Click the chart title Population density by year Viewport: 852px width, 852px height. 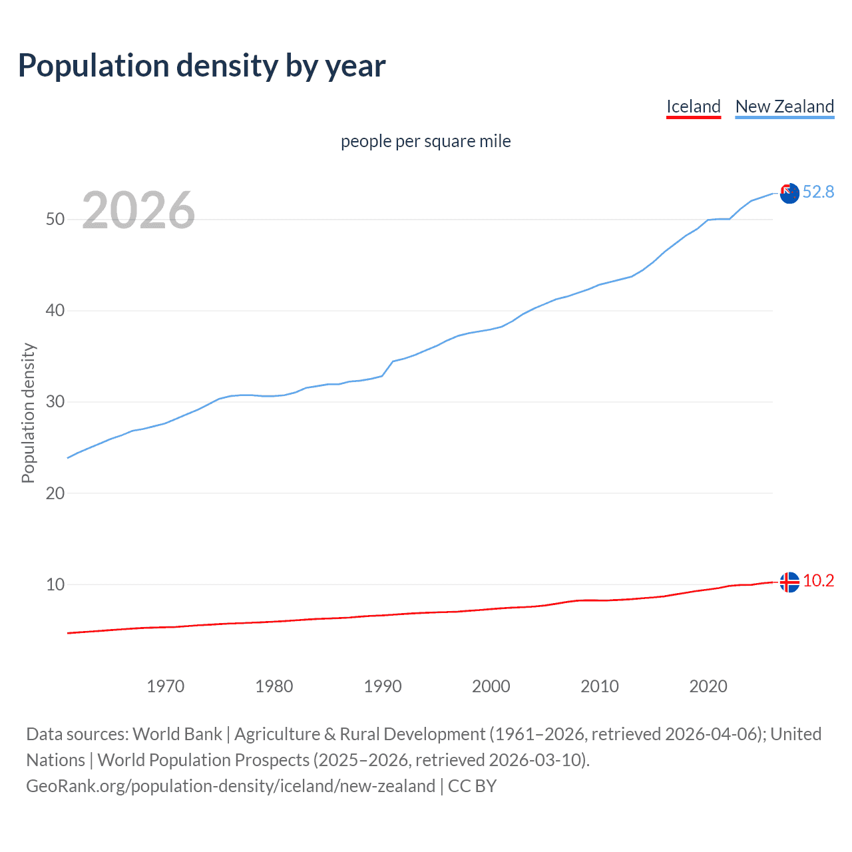[x=202, y=66]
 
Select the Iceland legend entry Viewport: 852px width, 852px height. [x=693, y=106]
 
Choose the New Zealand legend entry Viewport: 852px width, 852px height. [x=784, y=106]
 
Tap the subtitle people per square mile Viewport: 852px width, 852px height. [x=426, y=141]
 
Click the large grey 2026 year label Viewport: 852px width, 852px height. [x=138, y=210]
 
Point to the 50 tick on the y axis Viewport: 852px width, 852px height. [x=55, y=219]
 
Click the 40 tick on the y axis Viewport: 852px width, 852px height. [x=55, y=310]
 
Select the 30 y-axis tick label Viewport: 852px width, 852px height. [x=55, y=401]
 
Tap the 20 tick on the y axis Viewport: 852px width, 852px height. [x=55, y=493]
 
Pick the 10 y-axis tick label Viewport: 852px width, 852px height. [x=55, y=584]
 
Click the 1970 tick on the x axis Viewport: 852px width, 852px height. [x=165, y=686]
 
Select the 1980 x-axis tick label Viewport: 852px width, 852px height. [x=274, y=686]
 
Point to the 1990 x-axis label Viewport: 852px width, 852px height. [x=383, y=686]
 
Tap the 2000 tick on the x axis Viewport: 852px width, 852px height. [x=491, y=686]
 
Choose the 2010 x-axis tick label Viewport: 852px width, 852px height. [x=600, y=686]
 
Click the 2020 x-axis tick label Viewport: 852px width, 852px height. [x=708, y=686]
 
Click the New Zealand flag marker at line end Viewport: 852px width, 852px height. [x=789, y=194]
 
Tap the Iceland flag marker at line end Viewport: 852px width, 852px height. [x=789, y=582]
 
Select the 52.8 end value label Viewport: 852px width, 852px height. [x=818, y=192]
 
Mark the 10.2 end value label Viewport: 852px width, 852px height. [x=818, y=580]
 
